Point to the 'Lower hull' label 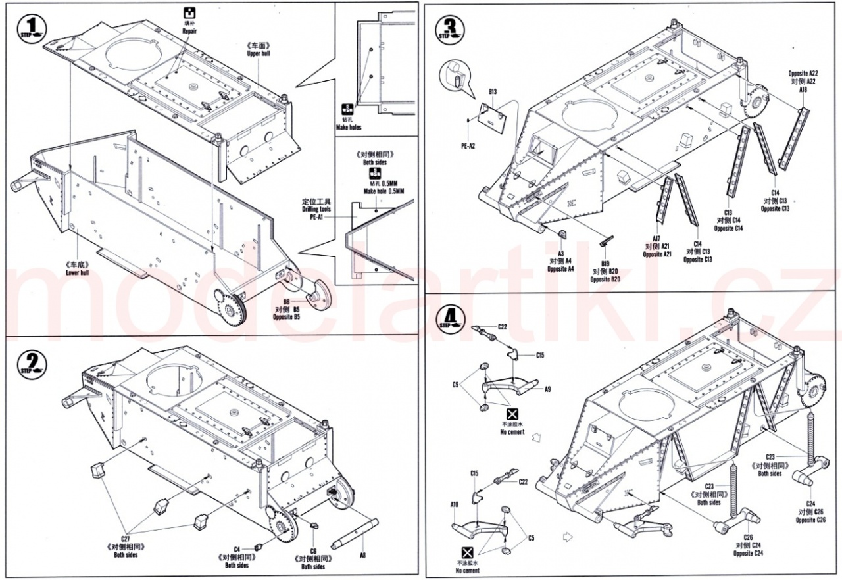77,272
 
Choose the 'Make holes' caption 348,127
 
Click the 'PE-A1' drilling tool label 317,218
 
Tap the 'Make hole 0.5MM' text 384,191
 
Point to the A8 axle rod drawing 356,532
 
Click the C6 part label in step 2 313,551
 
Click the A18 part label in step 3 803,90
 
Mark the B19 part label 605,262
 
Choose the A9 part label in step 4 547,389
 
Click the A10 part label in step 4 454,504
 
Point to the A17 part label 656,239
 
